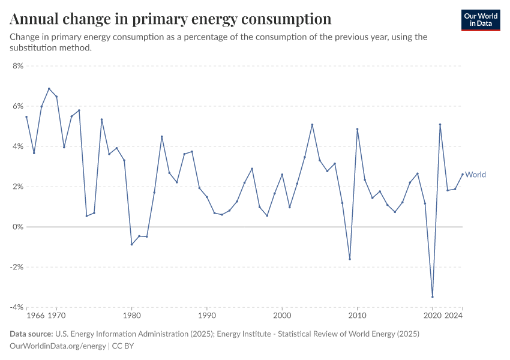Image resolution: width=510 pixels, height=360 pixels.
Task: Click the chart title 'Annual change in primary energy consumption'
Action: click(x=170, y=19)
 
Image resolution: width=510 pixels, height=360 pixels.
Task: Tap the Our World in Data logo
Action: click(x=480, y=19)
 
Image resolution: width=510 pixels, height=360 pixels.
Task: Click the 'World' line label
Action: click(x=475, y=175)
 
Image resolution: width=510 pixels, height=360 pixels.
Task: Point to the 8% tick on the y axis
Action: click(x=17, y=66)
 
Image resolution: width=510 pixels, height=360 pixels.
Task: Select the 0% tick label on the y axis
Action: click(x=17, y=227)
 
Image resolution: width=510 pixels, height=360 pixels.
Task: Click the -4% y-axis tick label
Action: click(x=16, y=307)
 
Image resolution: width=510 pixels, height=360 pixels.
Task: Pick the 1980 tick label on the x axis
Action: click(x=131, y=314)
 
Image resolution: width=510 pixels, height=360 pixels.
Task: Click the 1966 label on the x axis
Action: click(x=35, y=314)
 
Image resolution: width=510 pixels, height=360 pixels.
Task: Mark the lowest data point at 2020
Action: click(x=433, y=297)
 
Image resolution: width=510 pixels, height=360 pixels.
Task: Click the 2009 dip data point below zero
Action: click(x=350, y=259)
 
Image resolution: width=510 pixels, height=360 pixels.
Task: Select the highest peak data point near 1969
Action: click(x=49, y=89)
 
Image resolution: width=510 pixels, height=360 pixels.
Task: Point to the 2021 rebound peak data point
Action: click(x=440, y=124)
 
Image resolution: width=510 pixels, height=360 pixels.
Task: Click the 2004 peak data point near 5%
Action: click(x=312, y=124)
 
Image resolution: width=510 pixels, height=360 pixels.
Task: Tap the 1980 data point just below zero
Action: click(x=131, y=244)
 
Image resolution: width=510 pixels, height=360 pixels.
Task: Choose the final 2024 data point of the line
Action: click(x=463, y=175)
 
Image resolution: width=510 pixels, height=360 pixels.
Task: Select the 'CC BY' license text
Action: click(x=122, y=346)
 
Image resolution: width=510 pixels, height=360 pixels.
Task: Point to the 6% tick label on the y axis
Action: click(x=17, y=106)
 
